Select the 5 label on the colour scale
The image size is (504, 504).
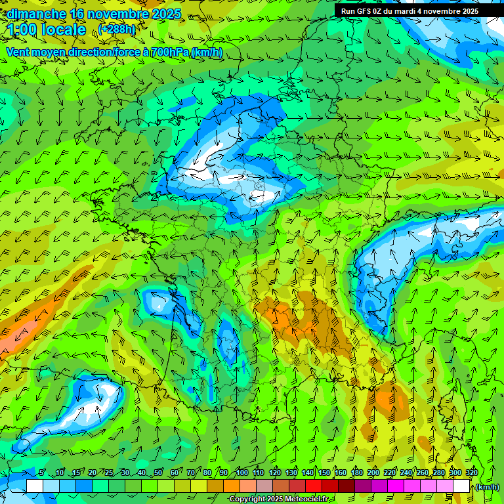(x=41, y=473)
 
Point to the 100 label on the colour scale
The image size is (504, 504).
(x=242, y=473)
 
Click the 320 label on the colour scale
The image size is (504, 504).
(x=471, y=473)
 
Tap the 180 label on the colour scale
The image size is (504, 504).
(x=357, y=473)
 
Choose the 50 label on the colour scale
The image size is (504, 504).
(x=158, y=473)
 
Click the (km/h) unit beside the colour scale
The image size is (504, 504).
(x=488, y=487)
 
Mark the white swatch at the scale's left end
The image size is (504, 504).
(x=35, y=486)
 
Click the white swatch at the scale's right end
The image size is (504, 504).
(x=461, y=486)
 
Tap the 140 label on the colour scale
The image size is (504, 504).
(x=308, y=473)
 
